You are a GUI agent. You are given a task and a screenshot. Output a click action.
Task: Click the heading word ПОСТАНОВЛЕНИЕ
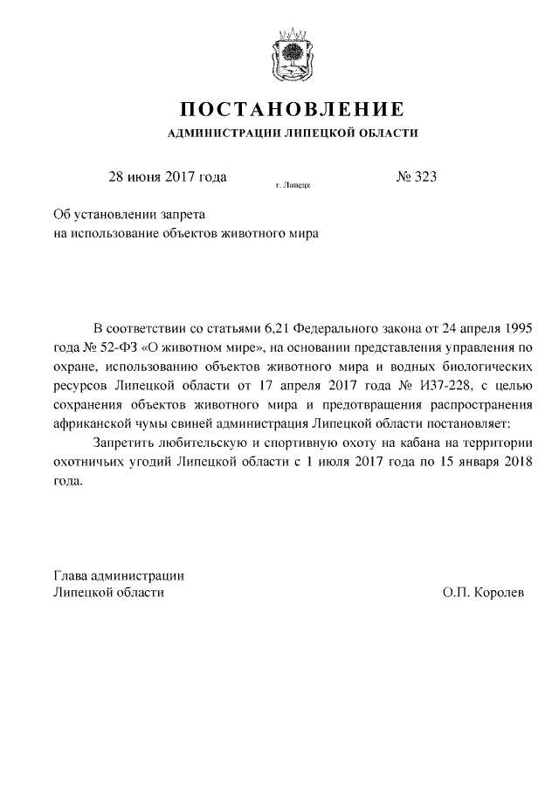[292, 110]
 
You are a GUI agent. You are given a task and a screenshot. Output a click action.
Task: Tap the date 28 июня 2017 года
[167, 176]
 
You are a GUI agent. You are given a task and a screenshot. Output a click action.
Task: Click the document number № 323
[416, 176]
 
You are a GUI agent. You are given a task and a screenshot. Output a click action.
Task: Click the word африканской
[91, 424]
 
